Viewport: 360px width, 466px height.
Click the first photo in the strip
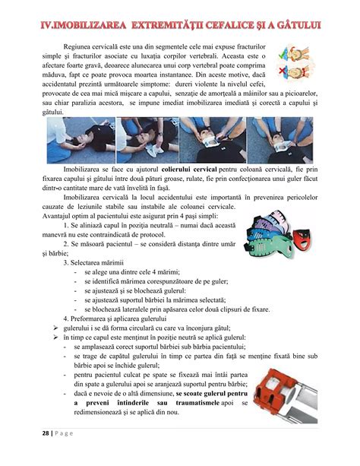68,139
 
